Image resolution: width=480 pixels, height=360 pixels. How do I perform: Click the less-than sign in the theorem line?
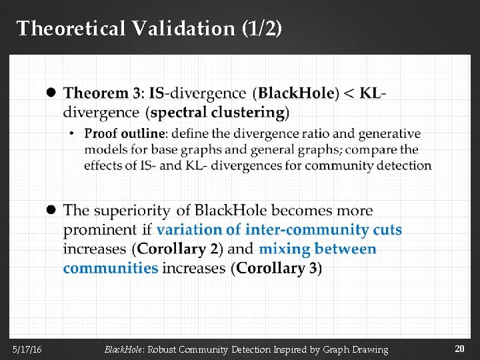pos(348,93)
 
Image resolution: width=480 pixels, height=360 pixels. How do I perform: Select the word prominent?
pos(99,230)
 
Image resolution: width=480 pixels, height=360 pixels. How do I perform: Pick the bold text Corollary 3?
pos(277,269)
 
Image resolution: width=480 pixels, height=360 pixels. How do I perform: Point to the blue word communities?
pos(111,269)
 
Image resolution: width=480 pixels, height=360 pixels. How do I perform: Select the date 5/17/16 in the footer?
pos(27,349)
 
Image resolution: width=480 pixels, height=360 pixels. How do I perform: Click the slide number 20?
pos(459,349)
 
